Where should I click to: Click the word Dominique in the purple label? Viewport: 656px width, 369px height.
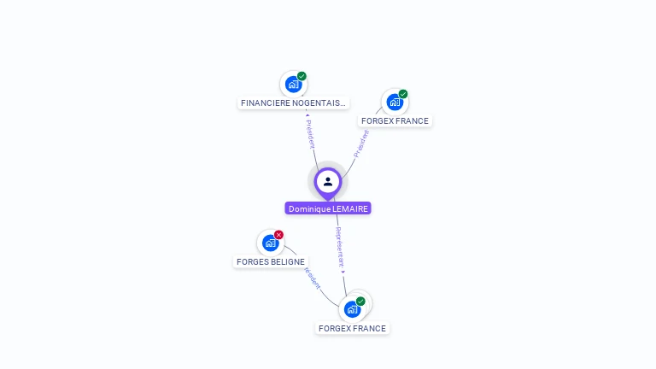pos(308,208)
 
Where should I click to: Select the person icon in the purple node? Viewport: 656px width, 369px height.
pos(328,181)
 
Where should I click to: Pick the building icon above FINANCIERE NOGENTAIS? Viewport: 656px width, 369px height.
pos(293,84)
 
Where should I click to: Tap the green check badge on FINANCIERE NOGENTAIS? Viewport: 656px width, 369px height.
pos(302,76)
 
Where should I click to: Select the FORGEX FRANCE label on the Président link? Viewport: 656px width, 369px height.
pos(395,121)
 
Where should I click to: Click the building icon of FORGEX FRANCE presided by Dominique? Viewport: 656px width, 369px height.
pos(394,102)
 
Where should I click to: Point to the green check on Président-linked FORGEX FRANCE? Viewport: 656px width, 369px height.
pos(403,94)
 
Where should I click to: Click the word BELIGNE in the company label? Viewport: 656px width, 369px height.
pos(289,262)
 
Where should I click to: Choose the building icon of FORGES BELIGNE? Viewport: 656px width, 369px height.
pos(270,243)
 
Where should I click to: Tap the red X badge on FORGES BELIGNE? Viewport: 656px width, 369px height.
pos(278,235)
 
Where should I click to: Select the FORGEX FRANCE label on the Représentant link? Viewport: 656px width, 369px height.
pos(352,329)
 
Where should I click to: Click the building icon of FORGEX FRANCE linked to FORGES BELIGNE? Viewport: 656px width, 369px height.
pos(352,309)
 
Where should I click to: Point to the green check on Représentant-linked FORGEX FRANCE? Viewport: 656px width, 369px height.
pos(360,302)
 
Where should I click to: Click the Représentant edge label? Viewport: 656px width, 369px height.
pos(340,248)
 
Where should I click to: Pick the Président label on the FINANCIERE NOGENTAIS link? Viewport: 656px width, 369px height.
pos(310,133)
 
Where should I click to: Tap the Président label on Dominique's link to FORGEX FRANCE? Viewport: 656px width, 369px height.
pos(361,143)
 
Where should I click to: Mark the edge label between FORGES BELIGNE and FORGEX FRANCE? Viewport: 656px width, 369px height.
pos(312,278)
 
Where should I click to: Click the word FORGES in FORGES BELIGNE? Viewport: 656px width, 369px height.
pos(253,262)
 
